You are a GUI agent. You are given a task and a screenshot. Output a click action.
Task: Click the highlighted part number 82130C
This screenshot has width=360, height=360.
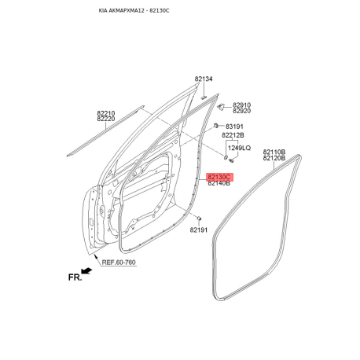pos(219,177)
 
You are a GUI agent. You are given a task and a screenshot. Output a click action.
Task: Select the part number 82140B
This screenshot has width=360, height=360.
pos(219,183)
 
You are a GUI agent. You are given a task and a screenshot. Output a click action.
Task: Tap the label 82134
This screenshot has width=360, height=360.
pos(204,79)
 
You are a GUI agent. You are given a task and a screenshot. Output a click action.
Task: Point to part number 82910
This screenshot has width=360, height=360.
pos(241,105)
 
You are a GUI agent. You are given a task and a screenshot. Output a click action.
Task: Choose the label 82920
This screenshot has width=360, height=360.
pos(241,111)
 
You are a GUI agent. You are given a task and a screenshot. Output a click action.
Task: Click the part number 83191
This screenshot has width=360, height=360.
pos(234,127)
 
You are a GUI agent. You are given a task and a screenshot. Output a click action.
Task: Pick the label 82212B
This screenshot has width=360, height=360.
pos(233,135)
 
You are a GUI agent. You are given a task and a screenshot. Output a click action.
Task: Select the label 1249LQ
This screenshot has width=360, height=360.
pos(239,148)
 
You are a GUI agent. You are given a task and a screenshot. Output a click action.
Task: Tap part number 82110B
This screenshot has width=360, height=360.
pos(274,152)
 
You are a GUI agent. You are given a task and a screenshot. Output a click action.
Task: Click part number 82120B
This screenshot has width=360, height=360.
pos(274,158)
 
